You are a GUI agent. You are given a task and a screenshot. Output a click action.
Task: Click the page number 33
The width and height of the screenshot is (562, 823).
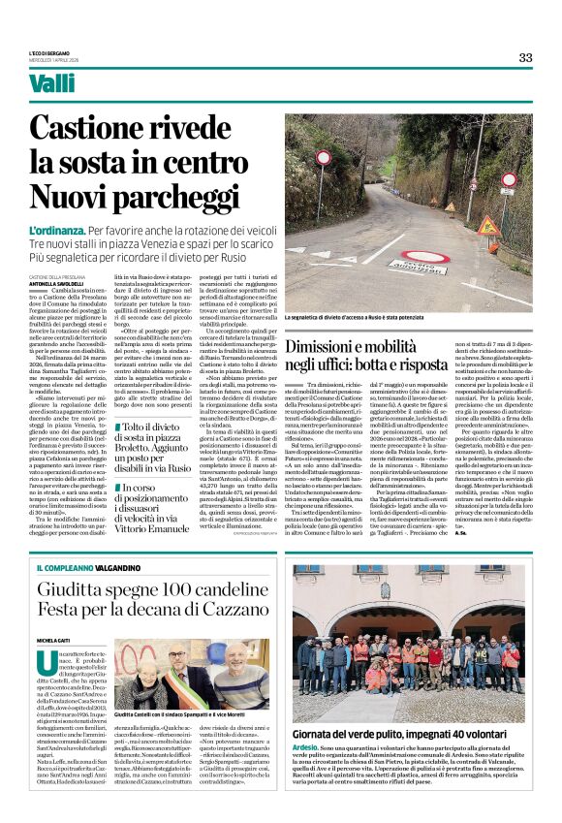525,57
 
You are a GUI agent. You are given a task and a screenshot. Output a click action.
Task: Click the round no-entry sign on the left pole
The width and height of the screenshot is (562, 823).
324,157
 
